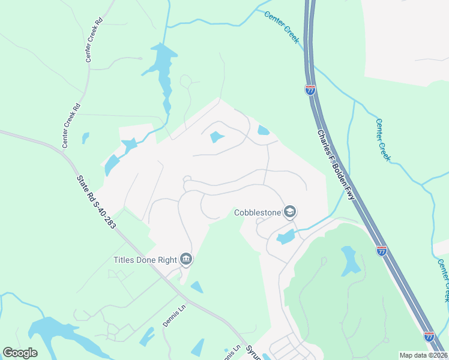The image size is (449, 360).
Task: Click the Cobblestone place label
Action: coord(258,212)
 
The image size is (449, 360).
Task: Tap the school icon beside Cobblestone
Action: coord(291,211)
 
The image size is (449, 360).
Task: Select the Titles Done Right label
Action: coord(146,260)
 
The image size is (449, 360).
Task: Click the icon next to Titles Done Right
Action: coord(186,259)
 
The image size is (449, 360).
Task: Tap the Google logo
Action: coord(20,352)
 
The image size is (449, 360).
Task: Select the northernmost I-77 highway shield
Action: coord(310,90)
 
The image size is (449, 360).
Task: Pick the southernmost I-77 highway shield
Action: coord(429,337)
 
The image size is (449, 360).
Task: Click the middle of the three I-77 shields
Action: coord(381,250)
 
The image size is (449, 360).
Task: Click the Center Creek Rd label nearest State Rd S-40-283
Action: coord(71,127)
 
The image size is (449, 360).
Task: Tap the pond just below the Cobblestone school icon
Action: coord(285,236)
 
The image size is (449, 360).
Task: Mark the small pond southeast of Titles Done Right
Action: coord(197,287)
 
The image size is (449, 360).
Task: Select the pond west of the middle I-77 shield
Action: coord(349,260)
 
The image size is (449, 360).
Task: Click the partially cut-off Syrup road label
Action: coord(254,354)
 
